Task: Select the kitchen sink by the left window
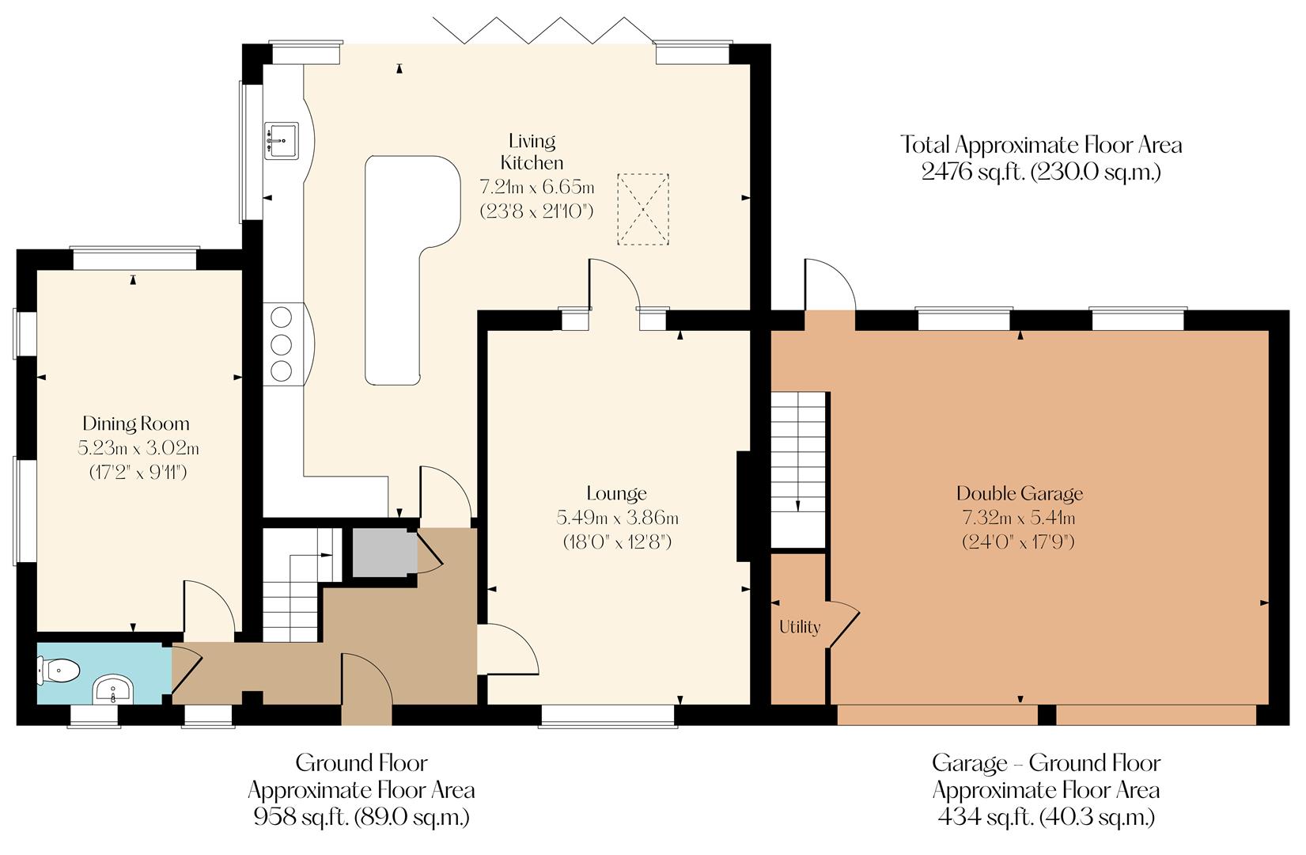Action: (281, 141)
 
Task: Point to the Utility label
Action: (799, 627)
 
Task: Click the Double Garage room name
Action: (1019, 494)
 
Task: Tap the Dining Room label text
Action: (136, 424)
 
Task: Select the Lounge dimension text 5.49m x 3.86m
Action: (617, 519)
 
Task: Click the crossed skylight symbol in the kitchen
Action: (642, 210)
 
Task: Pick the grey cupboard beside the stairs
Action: (383, 553)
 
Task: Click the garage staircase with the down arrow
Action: (799, 467)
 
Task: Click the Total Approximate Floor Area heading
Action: (1041, 145)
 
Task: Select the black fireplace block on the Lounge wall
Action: (744, 507)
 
